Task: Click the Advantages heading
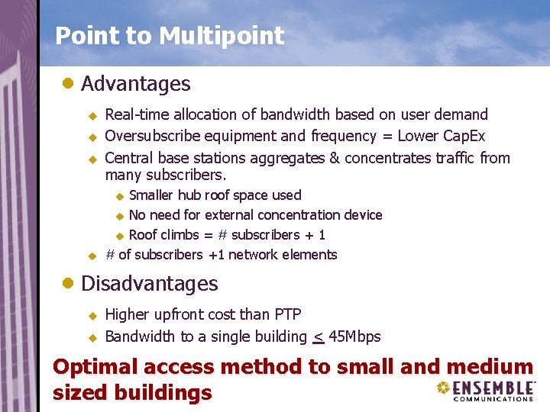[135, 83]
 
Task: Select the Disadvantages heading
[149, 284]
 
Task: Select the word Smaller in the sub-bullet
[152, 195]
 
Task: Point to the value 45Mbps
[354, 336]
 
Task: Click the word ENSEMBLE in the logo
[493, 388]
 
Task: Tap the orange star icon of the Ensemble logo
[442, 388]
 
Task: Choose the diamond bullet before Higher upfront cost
[92, 315]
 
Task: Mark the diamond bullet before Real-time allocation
[92, 115]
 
